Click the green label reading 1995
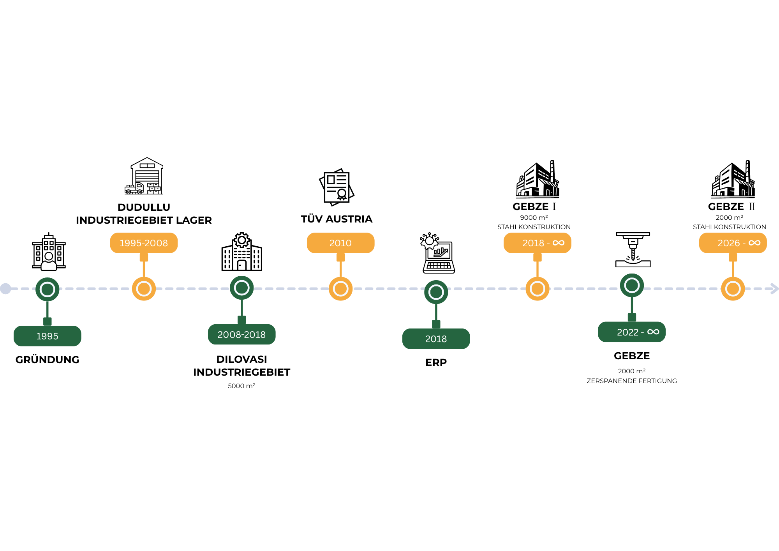click(47, 336)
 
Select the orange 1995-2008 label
click(144, 243)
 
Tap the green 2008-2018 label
click(241, 334)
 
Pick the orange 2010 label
click(340, 243)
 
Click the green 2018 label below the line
click(436, 339)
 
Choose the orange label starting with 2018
click(537, 243)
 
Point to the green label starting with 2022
click(631, 332)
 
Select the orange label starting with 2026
click(732, 243)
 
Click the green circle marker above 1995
click(48, 289)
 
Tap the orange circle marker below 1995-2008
click(144, 289)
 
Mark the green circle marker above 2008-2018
click(242, 288)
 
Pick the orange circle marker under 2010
click(340, 289)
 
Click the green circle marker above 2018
click(436, 292)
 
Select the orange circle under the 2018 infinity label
click(538, 289)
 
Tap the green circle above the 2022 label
click(632, 285)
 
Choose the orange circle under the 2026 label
click(733, 289)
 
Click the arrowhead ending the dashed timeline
click(775, 289)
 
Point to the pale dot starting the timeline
click(5, 289)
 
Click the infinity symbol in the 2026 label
click(754, 243)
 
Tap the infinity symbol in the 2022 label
click(653, 332)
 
